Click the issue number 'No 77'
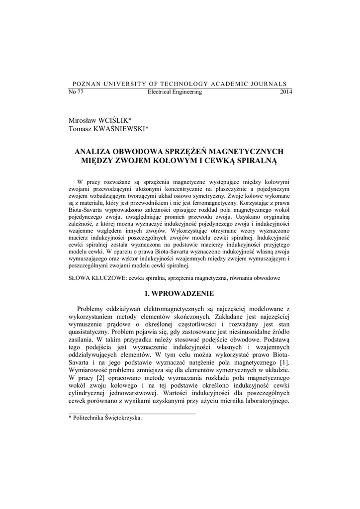pos(75,92)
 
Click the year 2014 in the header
pos(286,92)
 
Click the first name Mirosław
pos(83,121)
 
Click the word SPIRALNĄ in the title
pos(254,161)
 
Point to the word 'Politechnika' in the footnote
pos(89,418)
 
